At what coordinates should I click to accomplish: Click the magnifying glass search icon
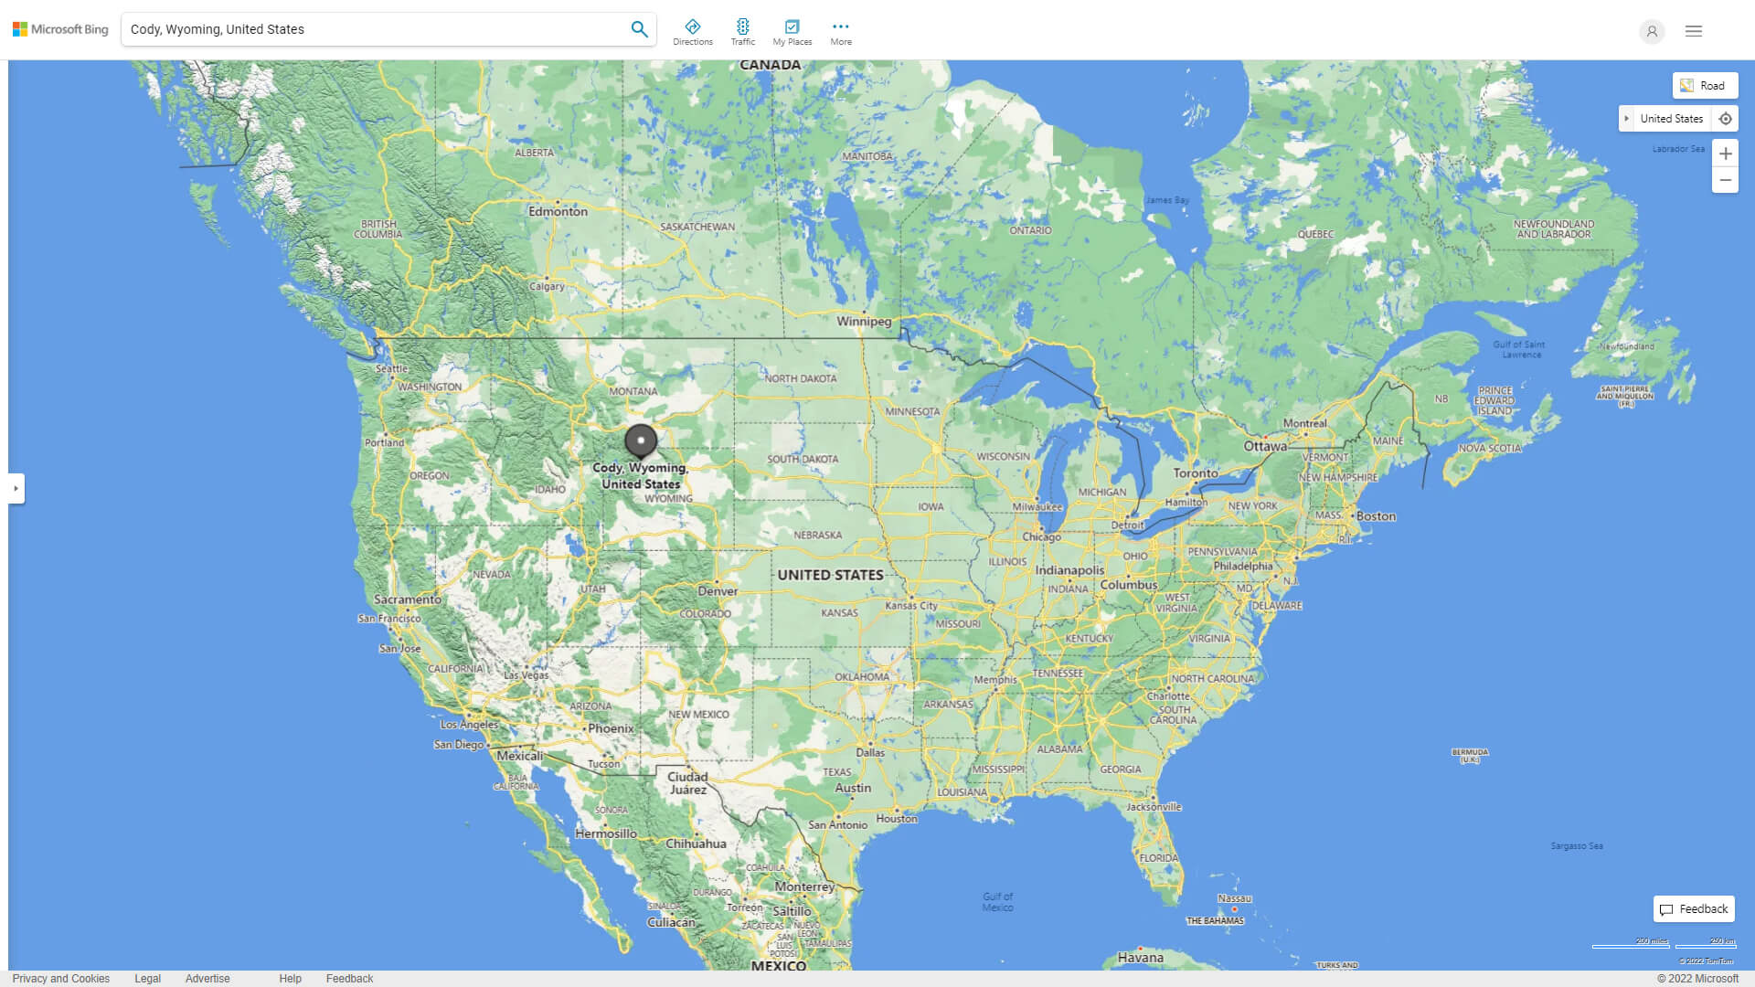coord(639,29)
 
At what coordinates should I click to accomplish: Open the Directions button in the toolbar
coord(693,31)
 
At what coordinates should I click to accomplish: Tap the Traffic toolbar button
coord(743,31)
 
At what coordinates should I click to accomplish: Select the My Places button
coord(792,31)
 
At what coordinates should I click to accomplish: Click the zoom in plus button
coord(1725,154)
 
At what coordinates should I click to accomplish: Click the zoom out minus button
coord(1725,180)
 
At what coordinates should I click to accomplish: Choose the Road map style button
coord(1705,86)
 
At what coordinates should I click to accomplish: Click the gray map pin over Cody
coord(641,440)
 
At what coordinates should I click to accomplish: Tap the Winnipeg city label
coord(864,322)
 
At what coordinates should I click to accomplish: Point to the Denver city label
coord(718,591)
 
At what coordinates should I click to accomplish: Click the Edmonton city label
coord(558,211)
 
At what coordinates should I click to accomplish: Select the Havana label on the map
coord(1141,958)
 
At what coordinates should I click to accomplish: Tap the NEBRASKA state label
coord(817,536)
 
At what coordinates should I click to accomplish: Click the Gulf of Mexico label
coord(997,902)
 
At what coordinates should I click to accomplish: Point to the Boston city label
coord(1376,516)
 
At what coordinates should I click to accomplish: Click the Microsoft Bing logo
coord(60,29)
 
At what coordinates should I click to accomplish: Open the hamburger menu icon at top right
coord(1694,31)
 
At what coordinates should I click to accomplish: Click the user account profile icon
coord(1652,31)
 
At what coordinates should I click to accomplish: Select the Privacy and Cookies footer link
coord(61,979)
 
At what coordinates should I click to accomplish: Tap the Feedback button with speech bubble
coord(1694,909)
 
